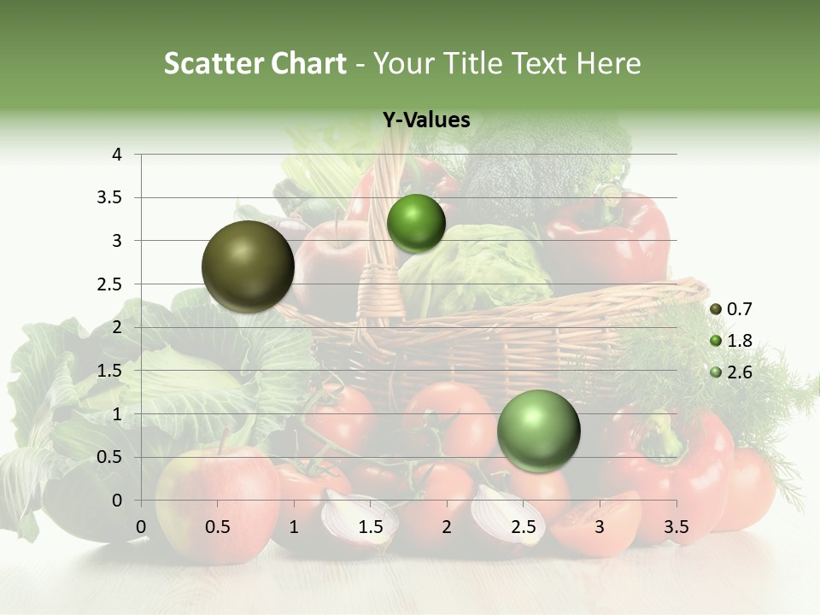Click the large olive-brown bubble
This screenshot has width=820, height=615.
(249, 266)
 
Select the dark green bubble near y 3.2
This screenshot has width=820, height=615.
(416, 223)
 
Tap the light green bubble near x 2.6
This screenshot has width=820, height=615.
(538, 430)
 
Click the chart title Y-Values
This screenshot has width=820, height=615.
(426, 120)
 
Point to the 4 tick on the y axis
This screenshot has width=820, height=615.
(117, 155)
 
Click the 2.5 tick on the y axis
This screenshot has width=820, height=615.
(111, 284)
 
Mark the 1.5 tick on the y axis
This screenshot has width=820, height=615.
(111, 371)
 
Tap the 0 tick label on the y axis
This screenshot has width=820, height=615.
(117, 501)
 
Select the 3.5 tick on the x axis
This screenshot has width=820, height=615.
(676, 527)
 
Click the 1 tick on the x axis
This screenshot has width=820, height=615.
(294, 527)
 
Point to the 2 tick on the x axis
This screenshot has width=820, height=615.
(447, 527)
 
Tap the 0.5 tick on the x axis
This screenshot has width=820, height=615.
(217, 527)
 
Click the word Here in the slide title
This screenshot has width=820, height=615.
(608, 63)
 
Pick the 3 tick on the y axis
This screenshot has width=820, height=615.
(117, 241)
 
